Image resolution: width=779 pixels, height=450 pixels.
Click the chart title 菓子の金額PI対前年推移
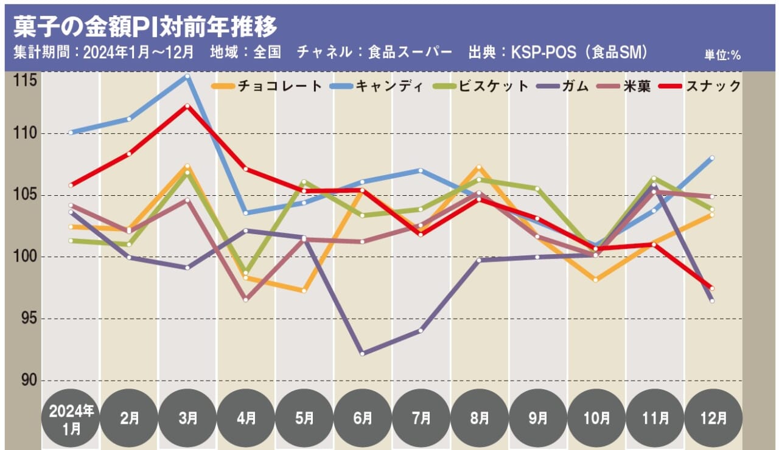(145, 26)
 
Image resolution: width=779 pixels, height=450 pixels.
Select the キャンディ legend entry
(377, 86)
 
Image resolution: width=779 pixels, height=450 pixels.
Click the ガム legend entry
(564, 86)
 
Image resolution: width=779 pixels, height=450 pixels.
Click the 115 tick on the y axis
(23, 80)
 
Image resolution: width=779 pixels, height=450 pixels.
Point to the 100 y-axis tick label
(23, 257)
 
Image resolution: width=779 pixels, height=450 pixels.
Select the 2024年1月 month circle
(71, 418)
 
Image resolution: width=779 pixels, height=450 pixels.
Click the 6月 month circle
(362, 418)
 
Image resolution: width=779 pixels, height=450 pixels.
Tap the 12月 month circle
(713, 418)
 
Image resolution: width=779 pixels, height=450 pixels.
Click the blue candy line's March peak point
(187, 76)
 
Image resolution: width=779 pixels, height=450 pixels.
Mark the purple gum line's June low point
(363, 353)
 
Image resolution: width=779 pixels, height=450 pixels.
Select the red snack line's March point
(187, 106)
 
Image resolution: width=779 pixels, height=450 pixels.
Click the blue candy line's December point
(712, 157)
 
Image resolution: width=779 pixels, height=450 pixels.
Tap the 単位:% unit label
(722, 55)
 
